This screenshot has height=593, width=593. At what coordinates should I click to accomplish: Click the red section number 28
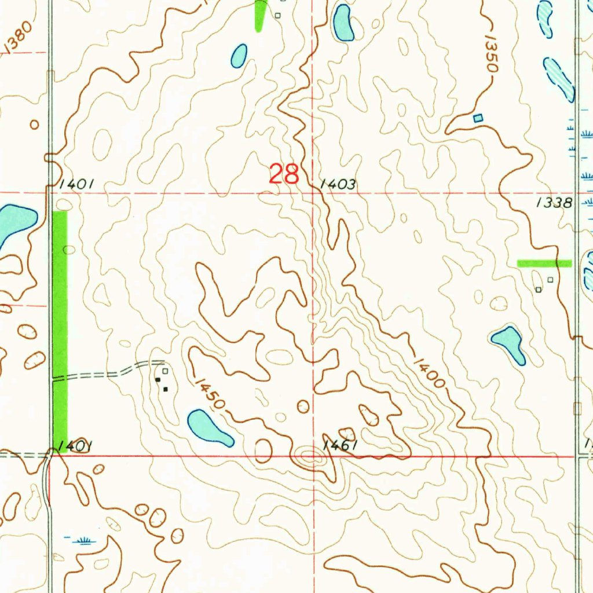point(284,174)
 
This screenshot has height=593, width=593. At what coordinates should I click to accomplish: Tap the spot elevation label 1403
point(338,185)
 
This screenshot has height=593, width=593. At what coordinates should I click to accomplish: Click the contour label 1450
point(209,393)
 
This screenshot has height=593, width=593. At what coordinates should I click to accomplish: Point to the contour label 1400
point(429,370)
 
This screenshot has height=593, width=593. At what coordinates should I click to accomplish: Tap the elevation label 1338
point(554,203)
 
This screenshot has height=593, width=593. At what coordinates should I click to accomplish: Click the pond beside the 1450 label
point(210,429)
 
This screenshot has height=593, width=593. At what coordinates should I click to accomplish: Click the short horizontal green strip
point(544,263)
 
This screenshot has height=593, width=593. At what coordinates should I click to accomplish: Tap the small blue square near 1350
point(477,118)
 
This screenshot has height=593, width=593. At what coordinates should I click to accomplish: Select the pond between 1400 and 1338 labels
point(509,343)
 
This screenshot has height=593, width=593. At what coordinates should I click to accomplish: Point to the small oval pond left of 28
point(239,56)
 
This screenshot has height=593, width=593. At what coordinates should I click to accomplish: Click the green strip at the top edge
point(261,14)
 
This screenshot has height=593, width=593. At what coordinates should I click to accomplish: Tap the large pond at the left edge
point(14,223)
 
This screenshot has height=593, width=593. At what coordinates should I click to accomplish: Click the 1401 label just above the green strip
point(76,184)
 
